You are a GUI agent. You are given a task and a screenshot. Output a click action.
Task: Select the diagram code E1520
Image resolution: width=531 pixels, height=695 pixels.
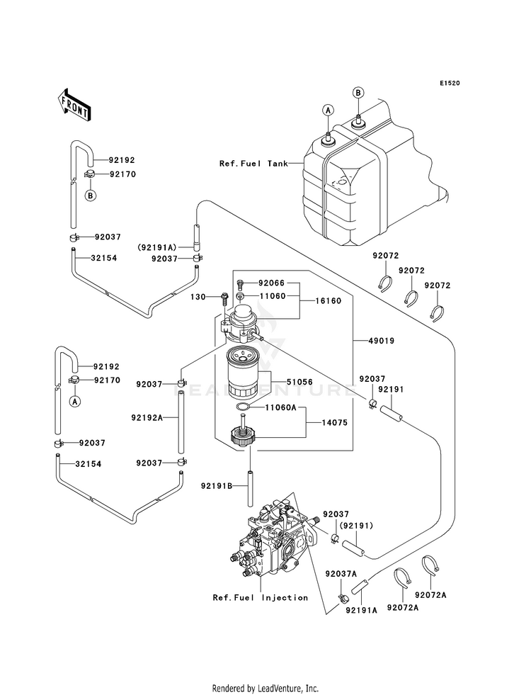coord(450,83)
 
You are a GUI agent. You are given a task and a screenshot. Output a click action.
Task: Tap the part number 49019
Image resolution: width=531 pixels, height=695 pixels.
coord(382,341)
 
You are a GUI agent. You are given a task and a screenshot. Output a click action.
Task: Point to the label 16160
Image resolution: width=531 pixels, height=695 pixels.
coord(329,301)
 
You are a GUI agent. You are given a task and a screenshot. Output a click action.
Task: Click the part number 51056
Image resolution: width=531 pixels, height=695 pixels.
coord(299,382)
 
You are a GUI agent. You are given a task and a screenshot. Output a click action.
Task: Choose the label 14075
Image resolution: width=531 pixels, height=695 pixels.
coord(334,423)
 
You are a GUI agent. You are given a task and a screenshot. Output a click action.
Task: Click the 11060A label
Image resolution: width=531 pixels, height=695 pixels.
coord(281,407)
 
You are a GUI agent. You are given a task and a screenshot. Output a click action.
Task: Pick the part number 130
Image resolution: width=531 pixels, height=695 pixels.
coord(198,297)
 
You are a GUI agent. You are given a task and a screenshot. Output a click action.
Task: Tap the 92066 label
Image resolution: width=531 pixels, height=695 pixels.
coord(271,283)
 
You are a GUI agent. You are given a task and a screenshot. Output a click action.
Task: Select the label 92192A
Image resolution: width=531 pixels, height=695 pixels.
coord(147,417)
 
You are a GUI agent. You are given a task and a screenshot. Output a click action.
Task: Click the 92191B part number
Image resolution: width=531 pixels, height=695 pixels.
coord(217,486)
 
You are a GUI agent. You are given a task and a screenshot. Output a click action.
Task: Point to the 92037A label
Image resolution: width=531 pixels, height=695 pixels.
coord(341,574)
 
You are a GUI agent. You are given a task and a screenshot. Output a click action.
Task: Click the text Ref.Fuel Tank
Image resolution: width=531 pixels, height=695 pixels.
coord(253,164)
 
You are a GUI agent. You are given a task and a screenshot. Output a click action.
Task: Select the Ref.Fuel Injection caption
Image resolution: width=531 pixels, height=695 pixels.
coord(261,597)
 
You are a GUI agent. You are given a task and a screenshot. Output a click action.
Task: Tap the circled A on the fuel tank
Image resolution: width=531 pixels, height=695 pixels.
coord(328,110)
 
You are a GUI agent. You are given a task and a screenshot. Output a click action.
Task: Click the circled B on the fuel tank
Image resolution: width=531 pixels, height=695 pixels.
coord(358,93)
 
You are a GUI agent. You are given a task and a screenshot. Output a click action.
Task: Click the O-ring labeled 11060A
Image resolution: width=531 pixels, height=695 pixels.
coord(243,407)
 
